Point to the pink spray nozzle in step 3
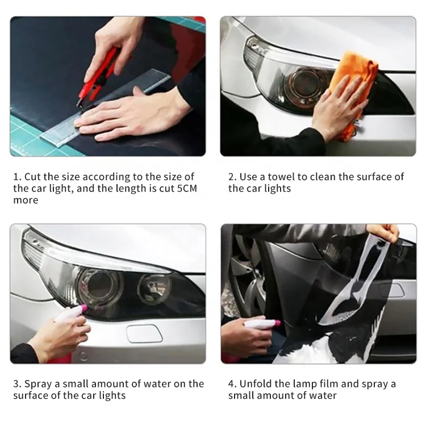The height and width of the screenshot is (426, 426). tap(81, 308)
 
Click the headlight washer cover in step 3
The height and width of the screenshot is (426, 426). tap(144, 333)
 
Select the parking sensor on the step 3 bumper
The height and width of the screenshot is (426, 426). tap(83, 356)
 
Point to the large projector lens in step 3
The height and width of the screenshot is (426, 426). tap(99, 285)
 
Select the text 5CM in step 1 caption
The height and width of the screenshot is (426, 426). tap(187, 188)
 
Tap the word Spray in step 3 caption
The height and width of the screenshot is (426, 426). tap(38, 384)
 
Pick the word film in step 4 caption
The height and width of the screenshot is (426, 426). tap(329, 384)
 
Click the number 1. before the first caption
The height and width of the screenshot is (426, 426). tap(18, 177)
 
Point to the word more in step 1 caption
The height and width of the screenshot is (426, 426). tap(26, 201)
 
